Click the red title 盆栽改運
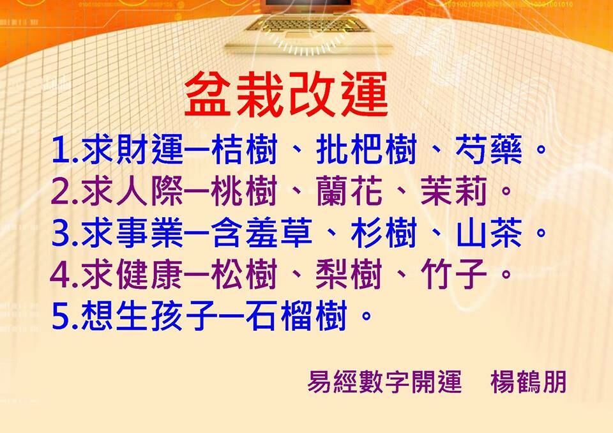[286, 95]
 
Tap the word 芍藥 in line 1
[488, 149]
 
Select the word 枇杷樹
[367, 149]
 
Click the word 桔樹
[245, 149]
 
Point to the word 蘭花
[349, 191]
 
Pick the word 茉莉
[454, 191]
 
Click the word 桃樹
[245, 191]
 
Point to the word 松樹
[245, 274]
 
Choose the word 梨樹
[349, 274]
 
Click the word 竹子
[454, 274]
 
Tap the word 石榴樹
[297, 315]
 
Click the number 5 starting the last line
[61, 317]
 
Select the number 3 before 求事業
[61, 234]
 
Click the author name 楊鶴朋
[529, 382]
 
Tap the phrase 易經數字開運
[384, 382]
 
